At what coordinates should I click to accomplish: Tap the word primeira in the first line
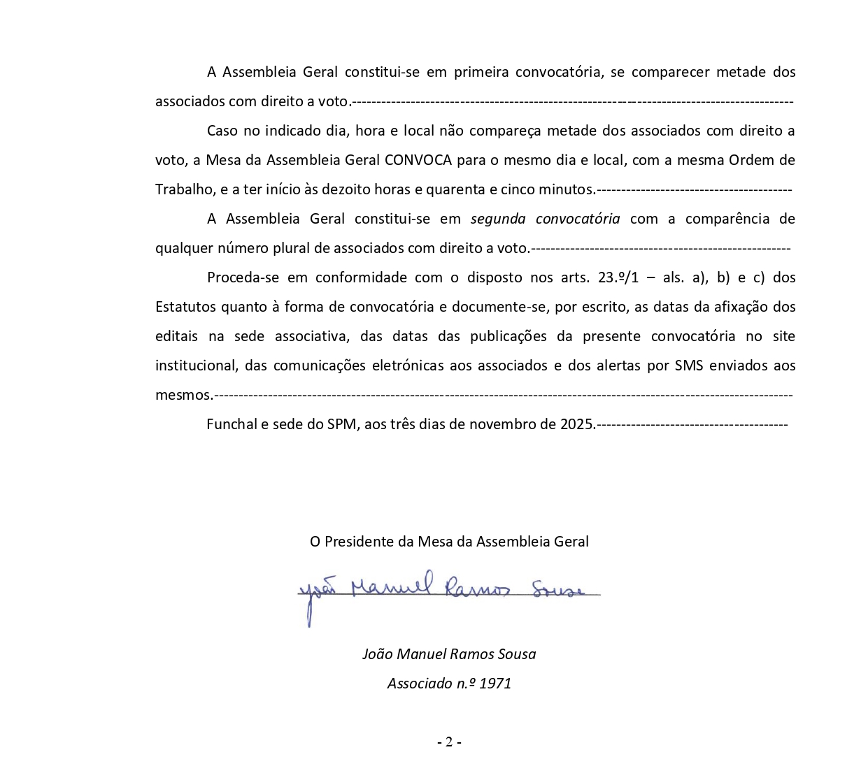(x=481, y=72)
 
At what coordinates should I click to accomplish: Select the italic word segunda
(x=498, y=219)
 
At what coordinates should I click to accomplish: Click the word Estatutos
(x=185, y=307)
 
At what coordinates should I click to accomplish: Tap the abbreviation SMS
(x=689, y=366)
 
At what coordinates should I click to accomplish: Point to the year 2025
(x=576, y=424)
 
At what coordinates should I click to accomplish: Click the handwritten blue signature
(x=448, y=591)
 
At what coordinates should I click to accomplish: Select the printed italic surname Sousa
(x=516, y=654)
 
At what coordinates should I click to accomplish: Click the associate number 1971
(x=495, y=684)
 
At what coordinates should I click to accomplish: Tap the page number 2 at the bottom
(x=449, y=742)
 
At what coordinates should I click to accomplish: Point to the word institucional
(x=195, y=366)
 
